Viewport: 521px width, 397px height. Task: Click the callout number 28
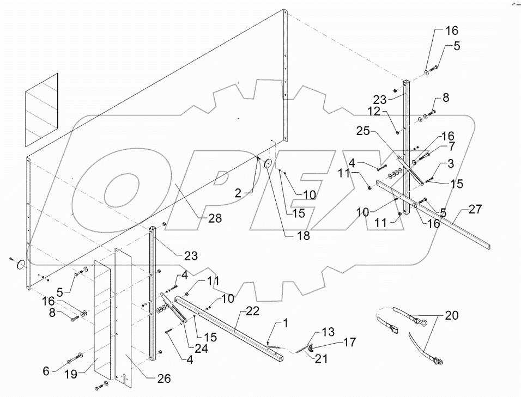tap(215, 218)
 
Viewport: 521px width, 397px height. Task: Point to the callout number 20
tap(451, 315)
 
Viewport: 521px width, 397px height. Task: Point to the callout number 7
tap(452, 146)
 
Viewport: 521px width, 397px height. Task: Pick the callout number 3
tap(451, 163)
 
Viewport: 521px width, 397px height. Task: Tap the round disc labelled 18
tap(268, 164)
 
